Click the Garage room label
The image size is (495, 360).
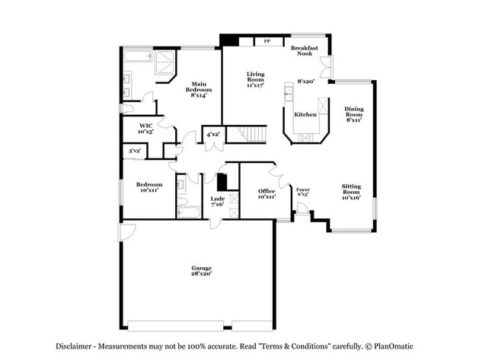[x=201, y=271]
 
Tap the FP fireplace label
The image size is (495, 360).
[x=267, y=41]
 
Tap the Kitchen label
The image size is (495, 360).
[x=305, y=114]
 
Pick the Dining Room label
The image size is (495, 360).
[x=353, y=114]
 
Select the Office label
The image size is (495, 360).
[x=266, y=193]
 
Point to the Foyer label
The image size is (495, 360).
[x=302, y=192]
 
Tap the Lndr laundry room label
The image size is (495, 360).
[x=217, y=201]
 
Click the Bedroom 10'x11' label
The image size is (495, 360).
[x=148, y=187]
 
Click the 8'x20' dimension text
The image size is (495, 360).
[x=306, y=81]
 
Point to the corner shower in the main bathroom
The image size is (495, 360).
[x=163, y=67]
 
